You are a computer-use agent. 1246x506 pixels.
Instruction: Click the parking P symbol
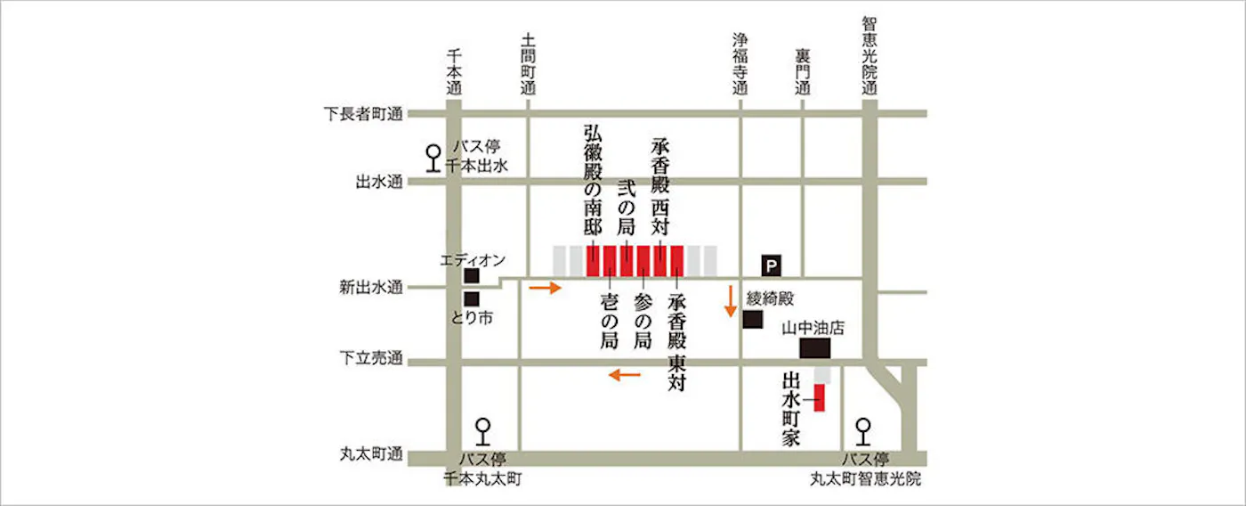[771, 265]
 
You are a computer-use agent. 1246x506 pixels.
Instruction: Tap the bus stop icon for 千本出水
[433, 158]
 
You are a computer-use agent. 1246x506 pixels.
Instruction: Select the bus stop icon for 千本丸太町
[482, 431]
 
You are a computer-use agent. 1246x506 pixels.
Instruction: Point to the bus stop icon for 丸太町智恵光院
[862, 431]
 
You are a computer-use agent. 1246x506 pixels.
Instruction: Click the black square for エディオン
[472, 277]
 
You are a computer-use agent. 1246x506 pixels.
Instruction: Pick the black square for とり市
[472, 298]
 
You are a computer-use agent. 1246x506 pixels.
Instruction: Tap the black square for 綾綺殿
[753, 319]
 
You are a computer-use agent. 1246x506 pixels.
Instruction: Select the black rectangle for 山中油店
[814, 347]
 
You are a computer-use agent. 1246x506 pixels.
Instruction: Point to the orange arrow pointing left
[625, 375]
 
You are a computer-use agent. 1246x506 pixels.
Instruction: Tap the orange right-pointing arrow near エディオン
[546, 288]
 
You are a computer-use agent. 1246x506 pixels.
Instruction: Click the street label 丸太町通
[371, 455]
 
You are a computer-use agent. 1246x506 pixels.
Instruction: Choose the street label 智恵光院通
[870, 55]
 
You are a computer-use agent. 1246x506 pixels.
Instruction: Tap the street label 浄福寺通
[740, 64]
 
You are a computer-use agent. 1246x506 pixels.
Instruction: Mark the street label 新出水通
[371, 287]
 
